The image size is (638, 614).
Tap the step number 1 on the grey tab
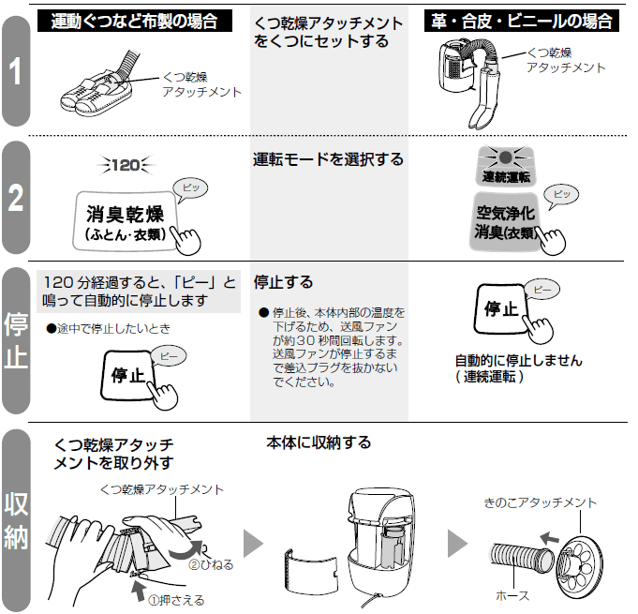(x=16, y=73)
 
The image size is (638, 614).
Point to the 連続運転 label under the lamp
(x=506, y=176)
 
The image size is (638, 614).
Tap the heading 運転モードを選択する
(x=328, y=159)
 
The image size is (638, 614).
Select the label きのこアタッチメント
(x=541, y=503)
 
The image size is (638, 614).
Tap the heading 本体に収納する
(x=319, y=442)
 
